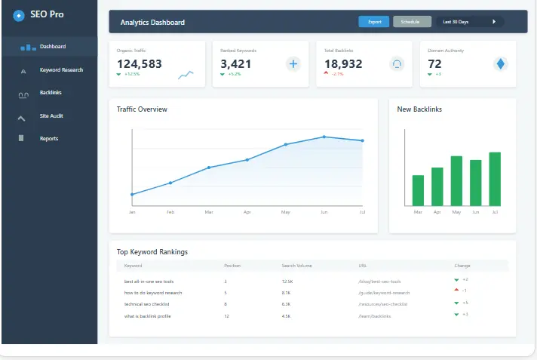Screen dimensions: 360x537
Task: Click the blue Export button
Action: pos(374,22)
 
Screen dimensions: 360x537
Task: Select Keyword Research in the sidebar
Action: pos(61,70)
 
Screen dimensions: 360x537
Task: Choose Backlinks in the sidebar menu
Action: pos(51,93)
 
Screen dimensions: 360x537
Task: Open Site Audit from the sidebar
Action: pos(51,115)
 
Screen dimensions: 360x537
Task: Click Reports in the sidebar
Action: pos(49,139)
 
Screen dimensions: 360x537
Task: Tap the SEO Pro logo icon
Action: pos(19,15)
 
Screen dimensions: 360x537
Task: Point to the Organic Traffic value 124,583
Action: pos(140,64)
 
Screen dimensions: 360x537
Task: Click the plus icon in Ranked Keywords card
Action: pos(293,64)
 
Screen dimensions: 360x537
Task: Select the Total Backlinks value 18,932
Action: pos(343,64)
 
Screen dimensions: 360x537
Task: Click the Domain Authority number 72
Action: pos(434,64)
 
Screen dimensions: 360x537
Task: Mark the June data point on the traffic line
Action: pos(324,137)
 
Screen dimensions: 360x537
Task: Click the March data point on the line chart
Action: pos(209,168)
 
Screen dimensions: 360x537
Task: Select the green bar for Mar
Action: pos(418,190)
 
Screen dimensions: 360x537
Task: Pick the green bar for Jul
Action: pos(495,179)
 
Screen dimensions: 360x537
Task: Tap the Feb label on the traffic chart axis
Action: pos(170,213)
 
